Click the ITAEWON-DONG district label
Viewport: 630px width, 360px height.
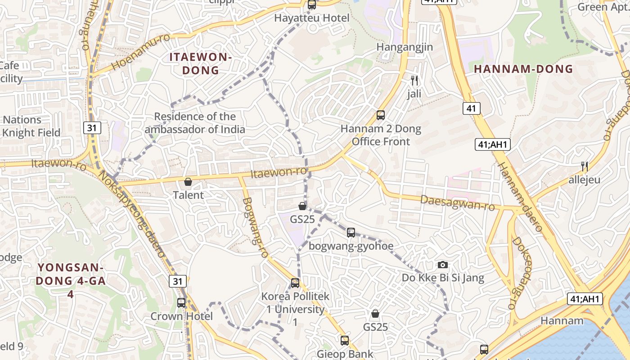pos(200,64)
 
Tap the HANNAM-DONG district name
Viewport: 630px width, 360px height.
pos(523,69)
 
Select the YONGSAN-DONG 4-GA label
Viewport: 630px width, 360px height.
pos(71,281)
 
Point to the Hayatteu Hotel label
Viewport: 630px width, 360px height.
pos(312,18)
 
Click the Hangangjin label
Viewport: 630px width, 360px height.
pos(405,47)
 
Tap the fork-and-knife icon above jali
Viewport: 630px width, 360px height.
pos(414,81)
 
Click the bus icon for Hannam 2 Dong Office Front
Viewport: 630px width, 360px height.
pos(381,115)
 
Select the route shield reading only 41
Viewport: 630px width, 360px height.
pos(471,108)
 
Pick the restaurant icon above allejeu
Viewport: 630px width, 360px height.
pos(585,166)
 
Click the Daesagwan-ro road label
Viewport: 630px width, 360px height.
pos(457,203)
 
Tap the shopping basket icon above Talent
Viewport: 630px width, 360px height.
pos(188,182)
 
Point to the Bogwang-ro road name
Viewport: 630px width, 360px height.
pos(255,228)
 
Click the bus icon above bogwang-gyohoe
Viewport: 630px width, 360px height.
pos(351,233)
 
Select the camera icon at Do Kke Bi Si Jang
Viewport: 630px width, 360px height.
pos(443,265)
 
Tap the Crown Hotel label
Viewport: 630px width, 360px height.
pos(181,316)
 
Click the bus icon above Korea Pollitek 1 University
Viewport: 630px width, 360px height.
pos(295,283)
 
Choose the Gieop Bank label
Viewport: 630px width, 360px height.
pos(345,354)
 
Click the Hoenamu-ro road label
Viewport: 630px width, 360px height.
pos(140,52)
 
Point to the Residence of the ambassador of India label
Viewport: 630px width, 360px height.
pos(195,123)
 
